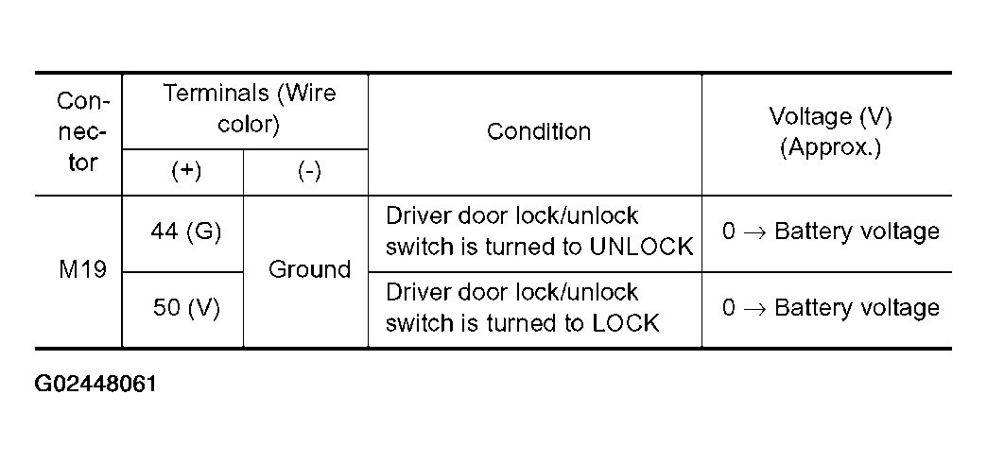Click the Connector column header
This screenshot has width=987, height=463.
click(x=83, y=131)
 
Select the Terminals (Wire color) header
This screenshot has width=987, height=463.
click(x=250, y=109)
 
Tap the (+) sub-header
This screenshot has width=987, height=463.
click(x=186, y=171)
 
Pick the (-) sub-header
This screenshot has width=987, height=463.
click(x=309, y=171)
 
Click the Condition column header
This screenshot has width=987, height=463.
click(x=539, y=131)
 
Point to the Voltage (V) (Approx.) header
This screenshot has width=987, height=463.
click(x=830, y=131)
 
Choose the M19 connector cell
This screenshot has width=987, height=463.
click(x=82, y=270)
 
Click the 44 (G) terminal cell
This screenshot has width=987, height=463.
click(x=185, y=232)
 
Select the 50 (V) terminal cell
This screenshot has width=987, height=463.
click(x=186, y=308)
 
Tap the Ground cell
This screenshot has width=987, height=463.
click(x=309, y=270)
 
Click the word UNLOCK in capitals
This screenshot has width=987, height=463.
click(x=641, y=248)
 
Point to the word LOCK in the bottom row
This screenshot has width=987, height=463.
click(x=625, y=323)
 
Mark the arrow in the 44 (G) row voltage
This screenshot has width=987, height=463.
click(x=754, y=232)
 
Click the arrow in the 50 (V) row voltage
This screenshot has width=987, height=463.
click(x=754, y=308)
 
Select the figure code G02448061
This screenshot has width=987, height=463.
click(x=95, y=384)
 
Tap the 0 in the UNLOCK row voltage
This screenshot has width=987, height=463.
click(x=728, y=232)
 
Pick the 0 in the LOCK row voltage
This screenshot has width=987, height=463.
click(x=728, y=308)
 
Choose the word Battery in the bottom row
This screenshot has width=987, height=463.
click(x=811, y=308)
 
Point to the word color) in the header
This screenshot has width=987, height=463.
click(x=249, y=123)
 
